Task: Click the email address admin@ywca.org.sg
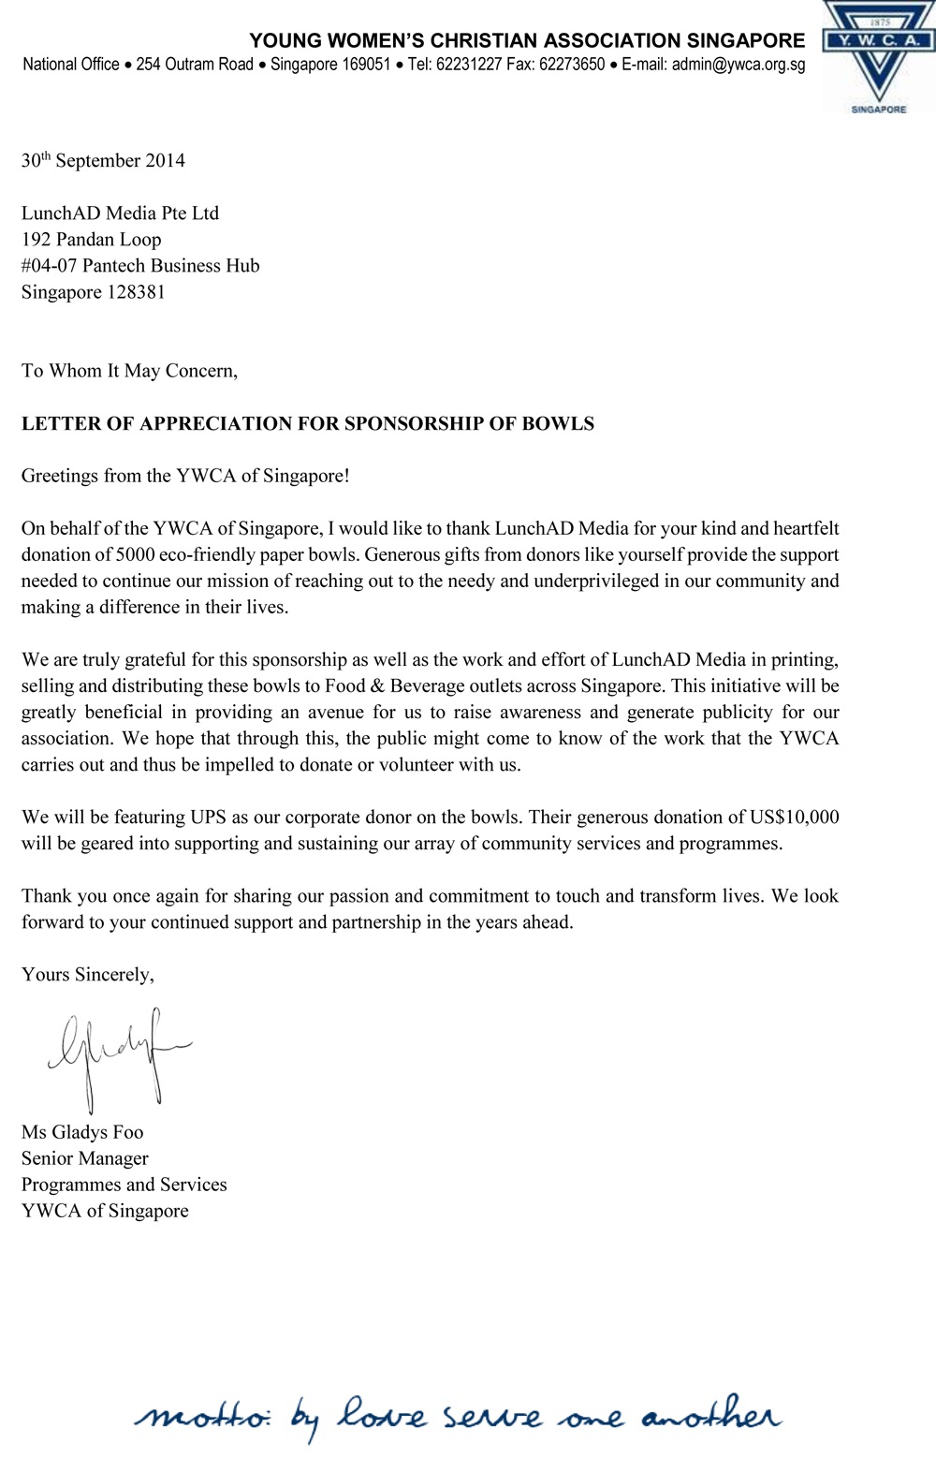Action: [x=739, y=65]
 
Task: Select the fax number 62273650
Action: [x=572, y=65]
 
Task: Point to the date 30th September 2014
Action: [x=103, y=160]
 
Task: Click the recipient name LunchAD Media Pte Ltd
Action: [x=120, y=213]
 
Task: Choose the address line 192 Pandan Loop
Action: [x=91, y=239]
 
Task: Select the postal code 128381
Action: [x=136, y=291]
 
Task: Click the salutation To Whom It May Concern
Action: [x=129, y=370]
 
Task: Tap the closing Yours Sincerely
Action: [x=87, y=974]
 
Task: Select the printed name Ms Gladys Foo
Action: [x=82, y=1131]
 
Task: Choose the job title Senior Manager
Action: [x=84, y=1157]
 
